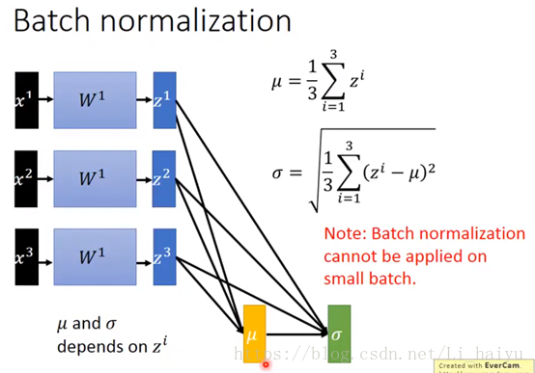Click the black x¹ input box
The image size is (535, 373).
click(x=27, y=99)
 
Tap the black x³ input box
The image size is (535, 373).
click(x=27, y=259)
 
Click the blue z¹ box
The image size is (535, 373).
click(x=164, y=99)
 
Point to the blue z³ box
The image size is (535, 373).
click(x=164, y=259)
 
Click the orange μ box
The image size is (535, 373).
click(x=253, y=334)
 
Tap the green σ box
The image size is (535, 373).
click(x=339, y=334)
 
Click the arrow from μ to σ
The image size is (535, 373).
click(x=295, y=335)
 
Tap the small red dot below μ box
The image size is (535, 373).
click(x=266, y=364)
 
